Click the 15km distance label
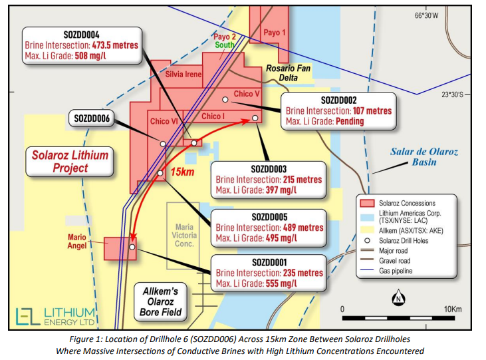point(182,172)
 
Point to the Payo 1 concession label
point(275,32)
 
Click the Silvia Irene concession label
point(183,74)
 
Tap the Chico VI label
point(164,121)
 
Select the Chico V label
point(247,94)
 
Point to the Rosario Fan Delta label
point(288,73)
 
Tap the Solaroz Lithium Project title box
point(69,162)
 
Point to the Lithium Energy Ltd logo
point(56,318)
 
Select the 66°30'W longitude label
point(428,15)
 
